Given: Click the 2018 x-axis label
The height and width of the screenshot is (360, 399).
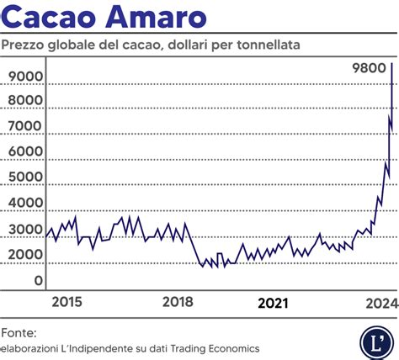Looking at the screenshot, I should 178,303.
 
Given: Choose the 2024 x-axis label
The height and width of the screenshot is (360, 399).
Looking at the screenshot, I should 381,303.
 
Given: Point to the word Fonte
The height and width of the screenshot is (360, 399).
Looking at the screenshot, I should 19,331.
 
